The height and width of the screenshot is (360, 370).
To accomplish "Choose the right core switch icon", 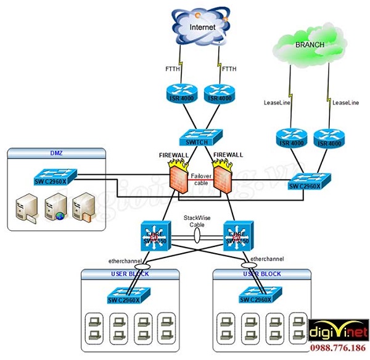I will click(x=237, y=237).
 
